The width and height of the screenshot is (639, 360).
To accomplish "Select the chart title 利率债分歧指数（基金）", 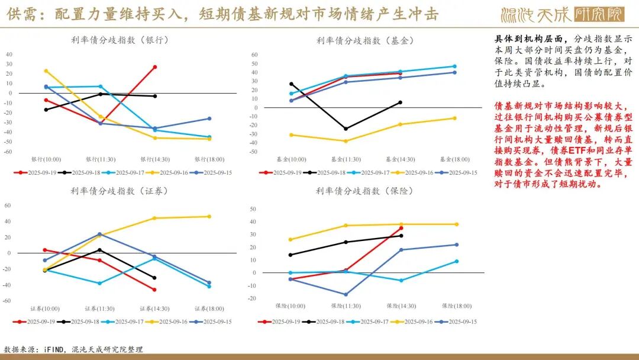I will pos(365,40).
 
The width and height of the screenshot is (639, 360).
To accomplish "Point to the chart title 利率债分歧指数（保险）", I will pos(365,191).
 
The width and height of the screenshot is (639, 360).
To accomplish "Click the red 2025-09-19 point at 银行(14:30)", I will pos(155,67).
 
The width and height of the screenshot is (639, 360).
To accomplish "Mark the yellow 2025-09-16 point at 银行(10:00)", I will pos(46,70).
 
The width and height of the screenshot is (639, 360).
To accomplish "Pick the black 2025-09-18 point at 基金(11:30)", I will pos(346,128).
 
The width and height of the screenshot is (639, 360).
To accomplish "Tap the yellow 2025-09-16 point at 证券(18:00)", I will pos(209,216).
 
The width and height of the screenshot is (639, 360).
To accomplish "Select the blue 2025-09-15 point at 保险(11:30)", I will pos(346,294).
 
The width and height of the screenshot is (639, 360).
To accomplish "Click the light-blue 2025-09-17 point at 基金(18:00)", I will pos(454,66).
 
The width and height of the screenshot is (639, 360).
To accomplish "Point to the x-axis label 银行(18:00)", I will pos(209,159).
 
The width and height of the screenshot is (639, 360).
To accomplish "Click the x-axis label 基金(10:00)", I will pos(291,159).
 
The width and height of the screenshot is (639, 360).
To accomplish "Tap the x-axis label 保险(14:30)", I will pos(400,306).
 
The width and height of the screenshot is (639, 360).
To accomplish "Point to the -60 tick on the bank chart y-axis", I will pos(9,152).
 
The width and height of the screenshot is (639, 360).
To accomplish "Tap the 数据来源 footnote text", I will pos(73,349).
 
